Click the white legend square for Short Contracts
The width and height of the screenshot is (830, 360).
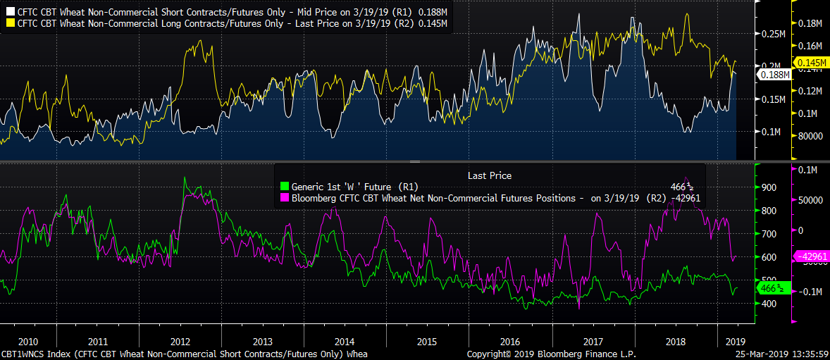click(10, 12)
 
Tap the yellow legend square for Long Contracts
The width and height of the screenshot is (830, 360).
click(10, 23)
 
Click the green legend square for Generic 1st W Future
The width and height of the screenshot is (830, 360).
click(285, 187)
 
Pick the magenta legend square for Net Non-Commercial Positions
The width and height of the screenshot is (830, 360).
click(285, 198)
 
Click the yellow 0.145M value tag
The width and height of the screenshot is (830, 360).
click(814, 63)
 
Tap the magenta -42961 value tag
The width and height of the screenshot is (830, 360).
click(813, 256)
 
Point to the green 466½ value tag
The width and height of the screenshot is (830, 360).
click(773, 288)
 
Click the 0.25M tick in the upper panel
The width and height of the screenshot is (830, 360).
click(773, 34)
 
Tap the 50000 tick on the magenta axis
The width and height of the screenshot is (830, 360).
click(811, 200)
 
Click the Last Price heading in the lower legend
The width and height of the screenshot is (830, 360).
click(490, 175)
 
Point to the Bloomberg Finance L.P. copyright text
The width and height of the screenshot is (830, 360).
click(534, 354)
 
